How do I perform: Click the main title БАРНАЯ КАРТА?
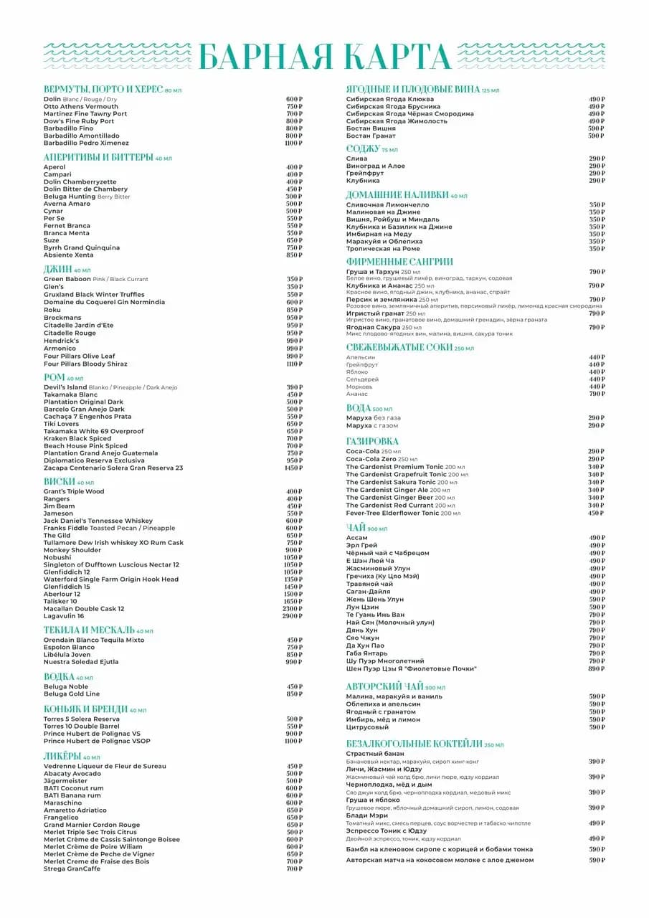324,57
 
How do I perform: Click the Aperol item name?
55,167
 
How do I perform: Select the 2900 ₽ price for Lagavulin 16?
293,616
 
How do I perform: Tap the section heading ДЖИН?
57,269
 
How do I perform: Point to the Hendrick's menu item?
61,341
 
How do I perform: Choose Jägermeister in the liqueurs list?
65,781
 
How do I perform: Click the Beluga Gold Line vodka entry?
72,694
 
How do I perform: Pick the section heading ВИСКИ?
59,482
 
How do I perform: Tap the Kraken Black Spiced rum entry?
77,438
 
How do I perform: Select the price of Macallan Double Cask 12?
293,609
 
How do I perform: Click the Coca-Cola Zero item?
371,459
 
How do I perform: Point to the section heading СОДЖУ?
362,148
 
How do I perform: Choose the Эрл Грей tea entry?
361,545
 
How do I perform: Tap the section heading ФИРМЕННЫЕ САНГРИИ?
399,262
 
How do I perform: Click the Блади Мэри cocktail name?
367,815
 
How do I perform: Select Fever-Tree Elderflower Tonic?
392,513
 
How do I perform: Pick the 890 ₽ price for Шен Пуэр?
597,668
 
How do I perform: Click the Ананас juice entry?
356,394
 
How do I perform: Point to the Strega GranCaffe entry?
72,869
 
